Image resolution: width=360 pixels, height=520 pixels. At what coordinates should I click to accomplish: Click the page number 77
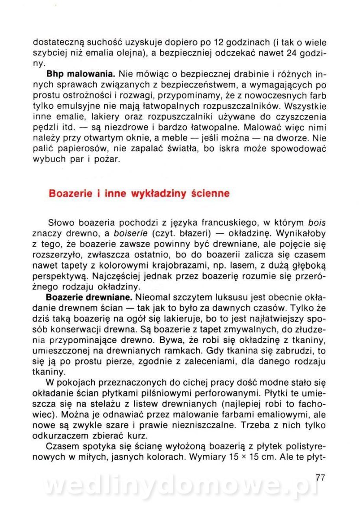coord(320,478)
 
